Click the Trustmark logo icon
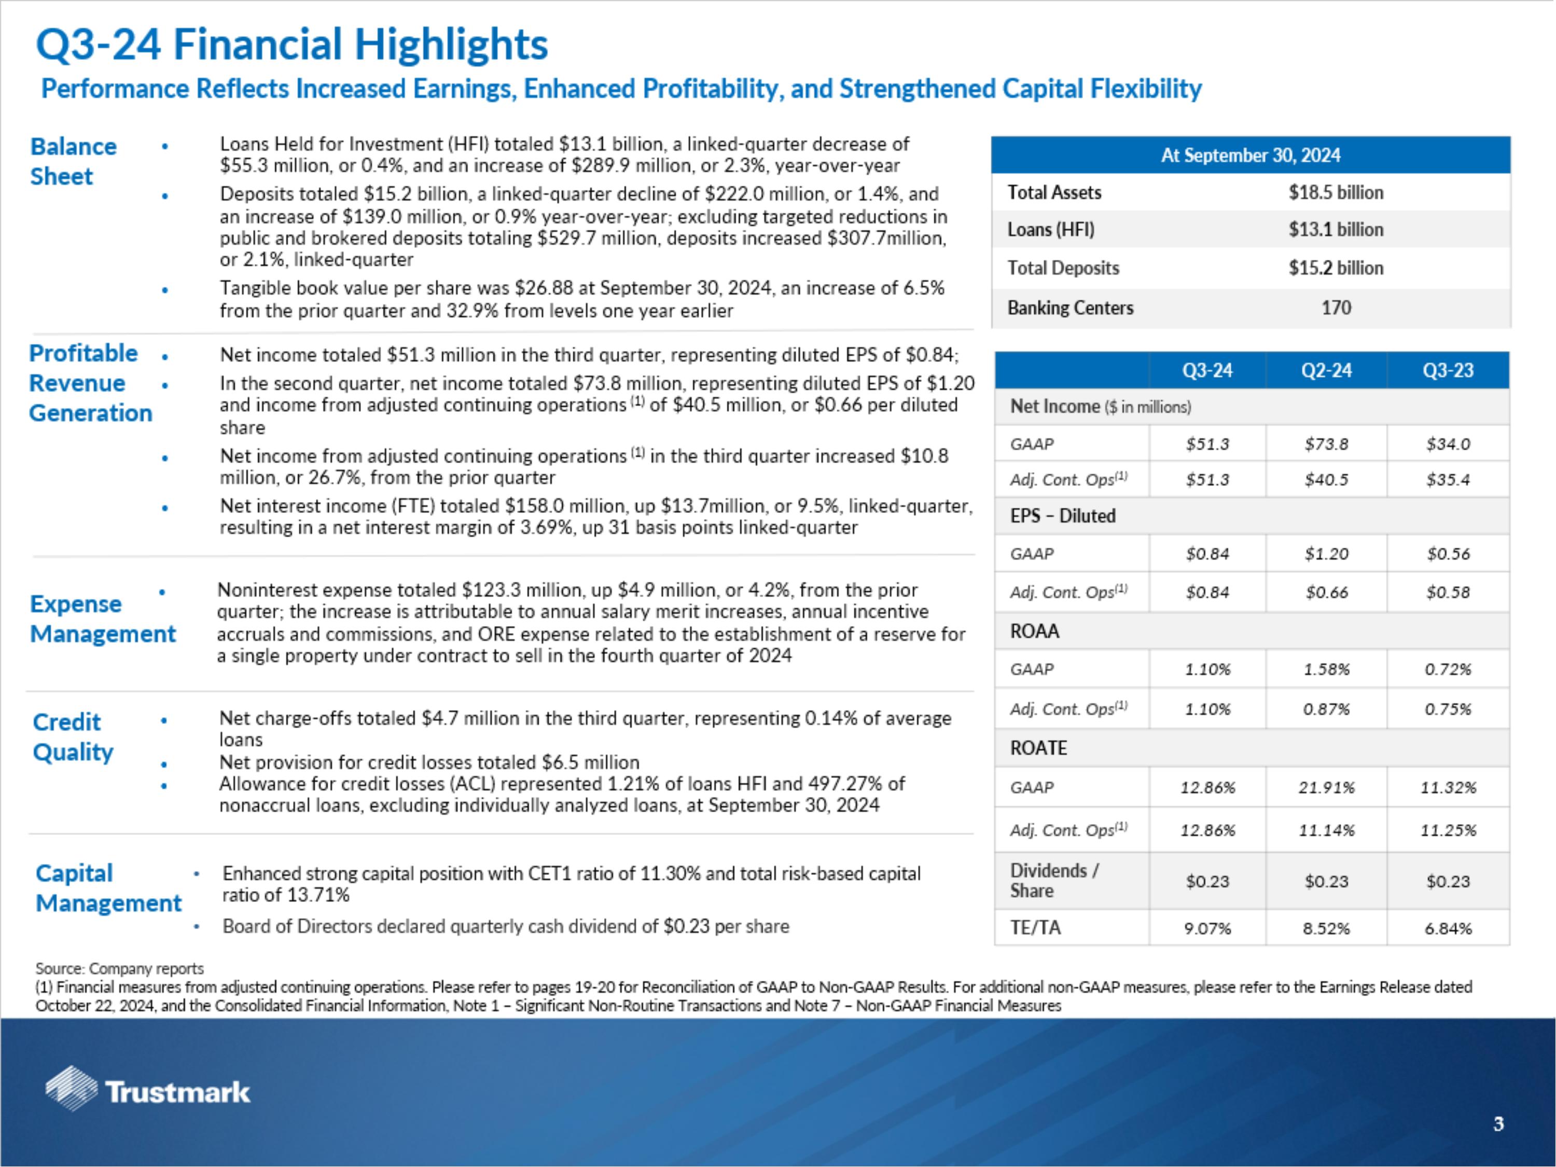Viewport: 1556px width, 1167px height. pos(71,1088)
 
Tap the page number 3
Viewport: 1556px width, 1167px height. pos(1498,1123)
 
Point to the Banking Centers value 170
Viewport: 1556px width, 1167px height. pos(1335,308)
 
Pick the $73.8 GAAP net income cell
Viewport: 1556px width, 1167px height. pos(1326,444)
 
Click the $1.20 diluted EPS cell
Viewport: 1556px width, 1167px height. pos(1326,553)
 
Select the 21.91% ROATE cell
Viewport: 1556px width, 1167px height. pos(1326,787)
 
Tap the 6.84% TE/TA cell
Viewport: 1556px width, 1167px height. pos(1448,928)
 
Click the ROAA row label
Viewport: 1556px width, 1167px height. pos(1034,631)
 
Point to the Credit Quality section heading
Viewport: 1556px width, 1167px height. pos(73,737)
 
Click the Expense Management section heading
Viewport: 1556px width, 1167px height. pos(102,618)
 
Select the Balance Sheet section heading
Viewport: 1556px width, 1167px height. pos(73,161)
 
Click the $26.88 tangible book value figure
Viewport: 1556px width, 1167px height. pos(539,288)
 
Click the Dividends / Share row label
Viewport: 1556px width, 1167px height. pos(1054,880)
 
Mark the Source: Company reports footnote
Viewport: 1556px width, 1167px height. pos(120,969)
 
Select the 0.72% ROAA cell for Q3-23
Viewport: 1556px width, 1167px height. pos(1448,669)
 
